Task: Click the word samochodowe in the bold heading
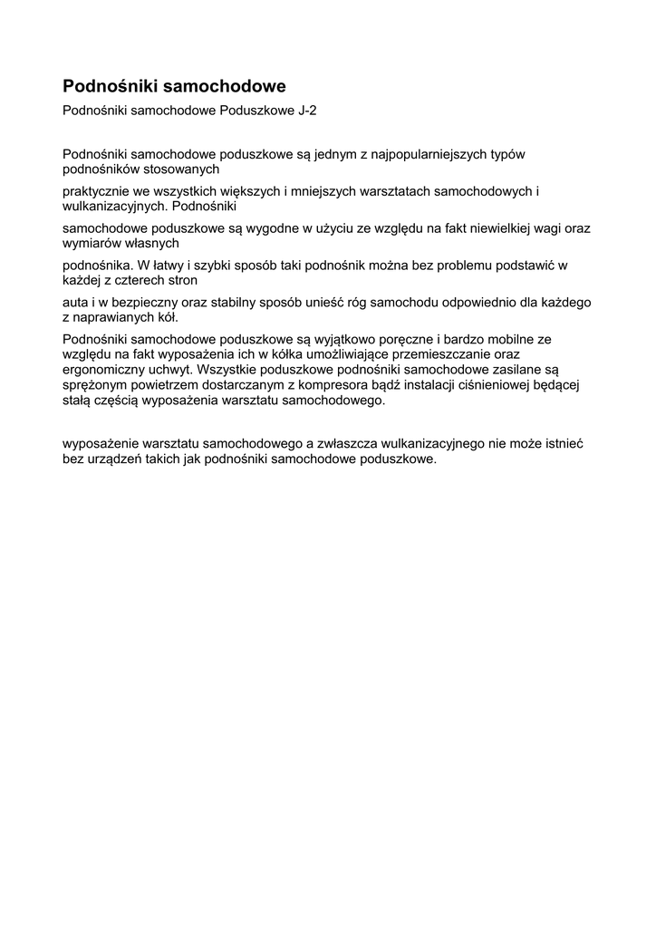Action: [x=230, y=86]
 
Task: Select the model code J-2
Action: [x=307, y=111]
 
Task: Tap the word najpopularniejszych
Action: [x=424, y=154]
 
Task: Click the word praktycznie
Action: [x=95, y=191]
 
